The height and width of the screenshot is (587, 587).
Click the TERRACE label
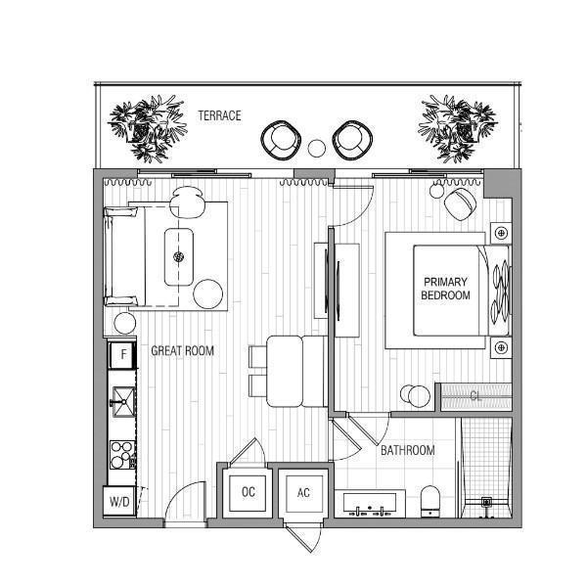(x=219, y=115)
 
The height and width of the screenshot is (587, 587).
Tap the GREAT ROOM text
(x=182, y=351)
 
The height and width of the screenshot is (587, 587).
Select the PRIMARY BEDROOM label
(x=445, y=289)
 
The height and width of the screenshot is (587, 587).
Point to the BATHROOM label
(x=408, y=450)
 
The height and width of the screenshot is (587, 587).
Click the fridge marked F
(x=122, y=354)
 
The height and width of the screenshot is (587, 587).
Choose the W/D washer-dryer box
(x=119, y=501)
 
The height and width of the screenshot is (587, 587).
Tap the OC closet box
(x=248, y=493)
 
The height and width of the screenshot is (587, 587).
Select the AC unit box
(x=303, y=493)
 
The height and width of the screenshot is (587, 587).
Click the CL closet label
(x=475, y=395)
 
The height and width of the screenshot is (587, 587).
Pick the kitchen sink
(x=123, y=402)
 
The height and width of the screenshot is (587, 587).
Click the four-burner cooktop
(x=123, y=455)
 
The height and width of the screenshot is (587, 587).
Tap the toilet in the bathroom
(x=429, y=502)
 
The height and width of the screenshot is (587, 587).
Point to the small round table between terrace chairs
(x=317, y=149)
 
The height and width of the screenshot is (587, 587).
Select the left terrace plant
(x=148, y=128)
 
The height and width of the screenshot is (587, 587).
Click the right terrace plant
(x=458, y=128)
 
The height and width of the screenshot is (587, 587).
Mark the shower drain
(x=486, y=502)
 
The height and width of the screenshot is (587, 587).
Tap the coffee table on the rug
(x=179, y=256)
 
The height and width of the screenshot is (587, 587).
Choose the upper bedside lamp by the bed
(x=501, y=233)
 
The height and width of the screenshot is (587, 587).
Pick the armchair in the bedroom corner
(x=461, y=204)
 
